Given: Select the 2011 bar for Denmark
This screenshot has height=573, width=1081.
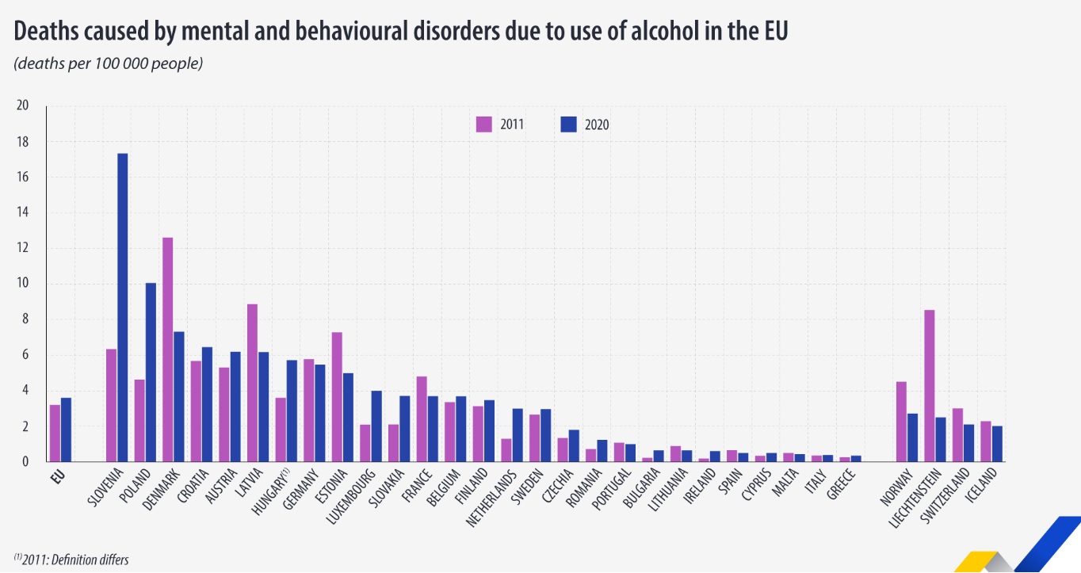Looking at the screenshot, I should click(168, 350).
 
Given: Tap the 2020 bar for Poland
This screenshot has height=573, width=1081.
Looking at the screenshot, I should click(151, 372).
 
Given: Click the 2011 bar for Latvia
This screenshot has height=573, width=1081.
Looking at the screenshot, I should click(252, 383).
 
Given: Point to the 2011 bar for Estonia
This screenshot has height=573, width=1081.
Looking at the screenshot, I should click(337, 397).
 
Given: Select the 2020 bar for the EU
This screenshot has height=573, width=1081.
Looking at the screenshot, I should click(67, 430).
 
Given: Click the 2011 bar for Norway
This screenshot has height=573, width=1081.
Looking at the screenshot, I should click(901, 422).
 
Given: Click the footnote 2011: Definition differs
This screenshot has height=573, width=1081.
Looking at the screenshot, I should click(71, 559).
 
